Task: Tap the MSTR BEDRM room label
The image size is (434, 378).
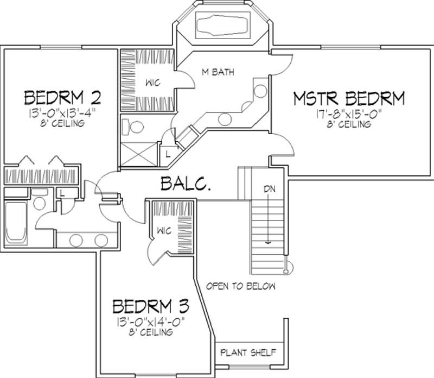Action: click(349, 99)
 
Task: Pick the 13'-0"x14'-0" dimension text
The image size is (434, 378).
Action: click(150, 321)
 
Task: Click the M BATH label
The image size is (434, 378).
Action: click(218, 72)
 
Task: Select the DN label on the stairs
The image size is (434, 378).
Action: click(270, 190)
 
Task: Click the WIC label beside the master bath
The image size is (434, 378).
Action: click(152, 83)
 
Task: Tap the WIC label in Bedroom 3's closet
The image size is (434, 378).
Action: click(164, 231)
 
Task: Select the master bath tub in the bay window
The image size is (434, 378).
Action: click(224, 27)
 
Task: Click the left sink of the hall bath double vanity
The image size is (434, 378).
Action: click(76, 240)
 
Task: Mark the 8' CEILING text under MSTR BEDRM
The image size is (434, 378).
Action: click(349, 124)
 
